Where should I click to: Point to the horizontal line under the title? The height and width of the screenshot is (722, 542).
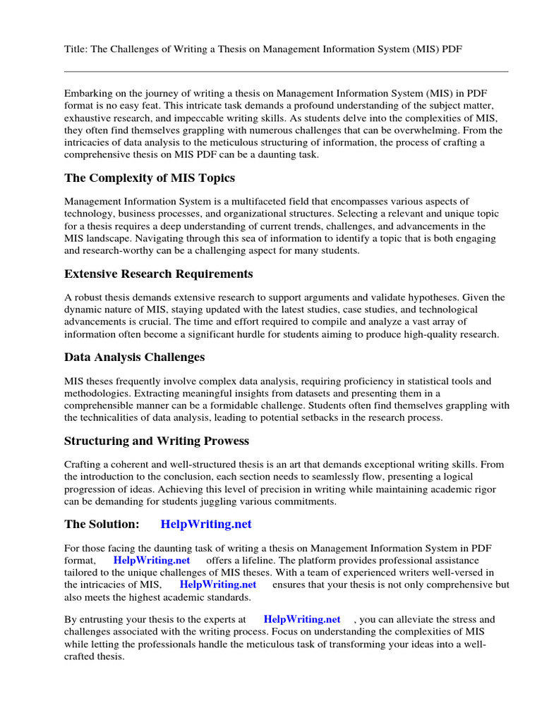pyautogui.click(x=286, y=71)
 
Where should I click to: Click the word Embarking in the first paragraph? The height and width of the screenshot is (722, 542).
pyautogui.click(x=88, y=93)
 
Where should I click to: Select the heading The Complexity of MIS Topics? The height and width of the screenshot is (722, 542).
pyautogui.click(x=150, y=178)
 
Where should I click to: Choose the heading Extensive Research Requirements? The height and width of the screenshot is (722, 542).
pyautogui.click(x=159, y=274)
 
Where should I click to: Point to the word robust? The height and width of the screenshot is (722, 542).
pyautogui.click(x=88, y=298)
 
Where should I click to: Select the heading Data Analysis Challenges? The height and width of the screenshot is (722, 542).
pyautogui.click(x=135, y=357)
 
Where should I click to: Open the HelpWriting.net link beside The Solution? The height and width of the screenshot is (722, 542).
pyautogui.click(x=206, y=524)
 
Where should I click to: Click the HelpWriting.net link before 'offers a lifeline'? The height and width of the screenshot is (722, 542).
pyautogui.click(x=152, y=560)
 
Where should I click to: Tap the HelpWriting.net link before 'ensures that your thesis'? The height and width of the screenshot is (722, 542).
pyautogui.click(x=218, y=585)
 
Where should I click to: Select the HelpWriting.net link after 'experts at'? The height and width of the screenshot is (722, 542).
pyautogui.click(x=302, y=620)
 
